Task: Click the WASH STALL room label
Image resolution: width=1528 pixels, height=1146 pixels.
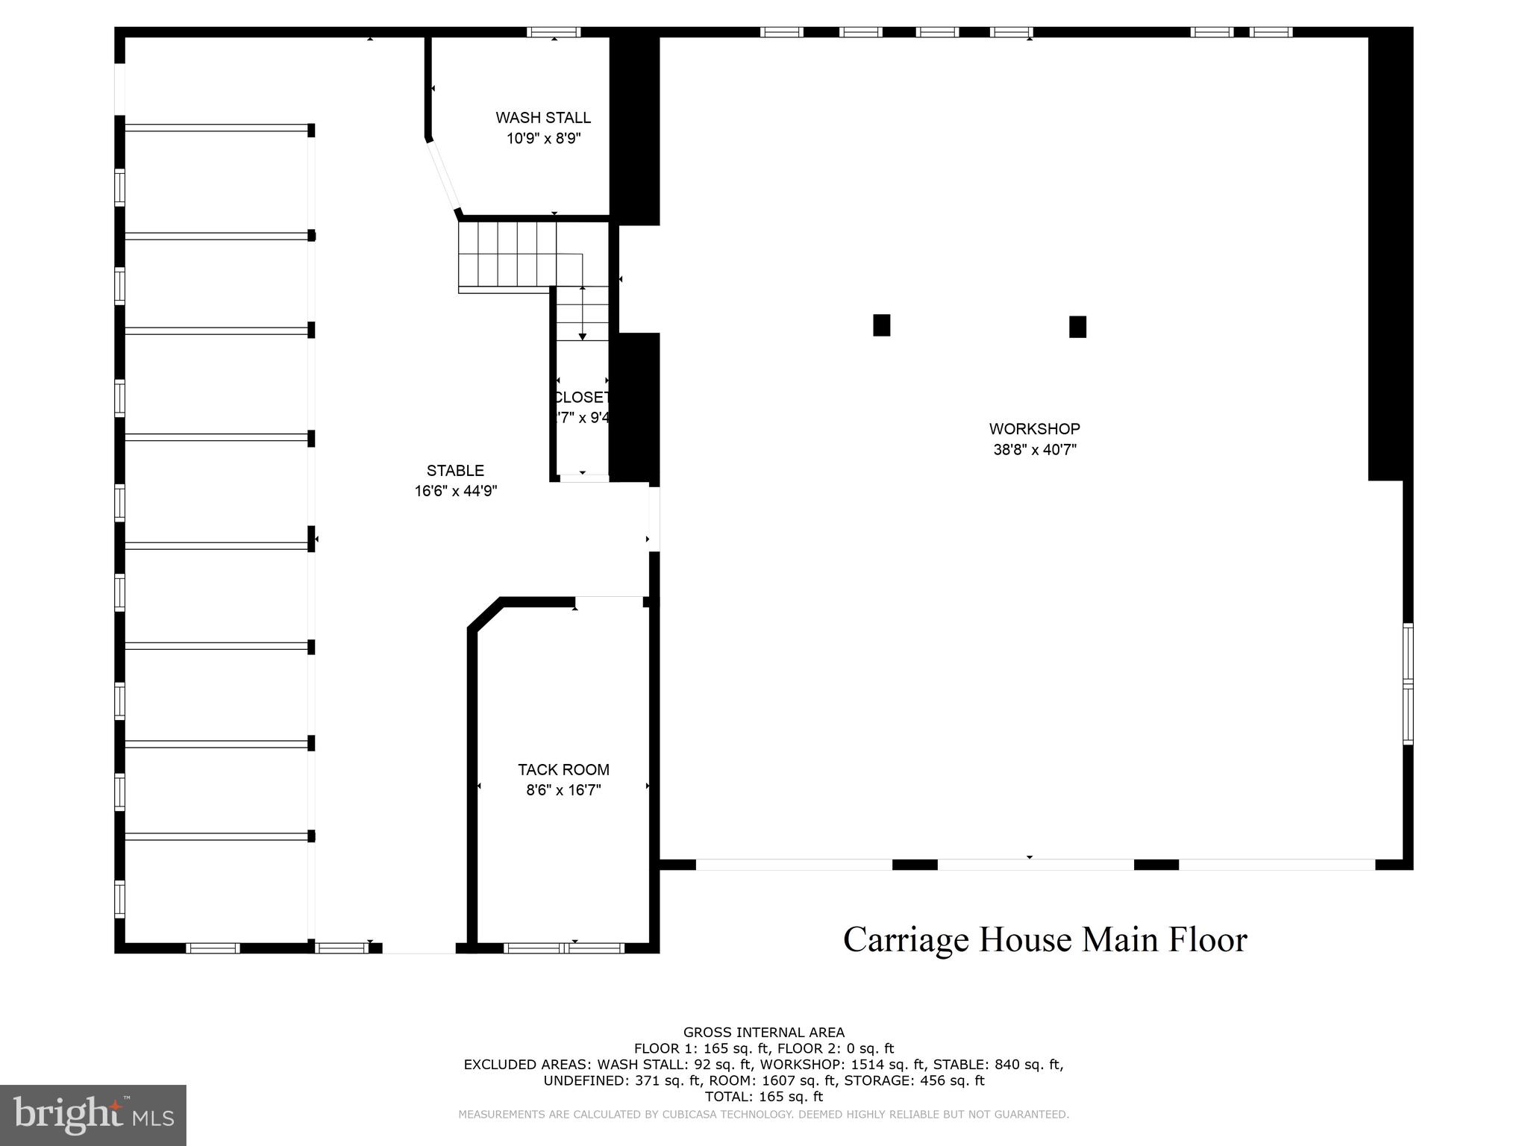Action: pyautogui.click(x=543, y=118)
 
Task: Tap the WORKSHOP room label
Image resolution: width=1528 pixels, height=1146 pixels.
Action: pyautogui.click(x=1034, y=429)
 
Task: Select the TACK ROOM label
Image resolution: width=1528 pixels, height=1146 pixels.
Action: pyautogui.click(x=563, y=770)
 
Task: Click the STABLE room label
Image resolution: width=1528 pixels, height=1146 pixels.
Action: pyautogui.click(x=455, y=471)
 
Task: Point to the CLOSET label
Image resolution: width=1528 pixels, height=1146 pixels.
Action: pyautogui.click(x=583, y=398)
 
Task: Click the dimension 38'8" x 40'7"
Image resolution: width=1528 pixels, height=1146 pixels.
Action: pyautogui.click(x=1034, y=450)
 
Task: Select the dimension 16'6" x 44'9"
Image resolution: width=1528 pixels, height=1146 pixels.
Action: pyautogui.click(x=455, y=491)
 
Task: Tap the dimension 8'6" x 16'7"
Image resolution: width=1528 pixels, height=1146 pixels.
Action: pyautogui.click(x=563, y=790)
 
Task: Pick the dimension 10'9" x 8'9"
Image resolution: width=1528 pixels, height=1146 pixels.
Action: pyautogui.click(x=543, y=139)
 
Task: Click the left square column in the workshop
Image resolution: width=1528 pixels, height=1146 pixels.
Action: pyautogui.click(x=881, y=325)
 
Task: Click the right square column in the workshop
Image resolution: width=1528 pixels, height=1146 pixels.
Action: pyautogui.click(x=1077, y=327)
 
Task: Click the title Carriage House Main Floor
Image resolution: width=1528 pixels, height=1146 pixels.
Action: pyautogui.click(x=1045, y=939)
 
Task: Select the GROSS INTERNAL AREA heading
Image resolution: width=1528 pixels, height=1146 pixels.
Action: pyautogui.click(x=763, y=1033)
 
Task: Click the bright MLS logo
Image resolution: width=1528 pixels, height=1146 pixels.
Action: pyautogui.click(x=93, y=1115)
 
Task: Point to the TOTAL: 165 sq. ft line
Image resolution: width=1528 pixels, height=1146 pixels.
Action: pyautogui.click(x=763, y=1097)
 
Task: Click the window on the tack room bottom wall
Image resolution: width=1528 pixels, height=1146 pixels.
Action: pyautogui.click(x=564, y=948)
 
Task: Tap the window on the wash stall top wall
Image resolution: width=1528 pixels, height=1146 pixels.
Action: pyautogui.click(x=553, y=32)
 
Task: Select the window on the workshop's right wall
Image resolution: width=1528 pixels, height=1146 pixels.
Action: pyautogui.click(x=1407, y=683)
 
